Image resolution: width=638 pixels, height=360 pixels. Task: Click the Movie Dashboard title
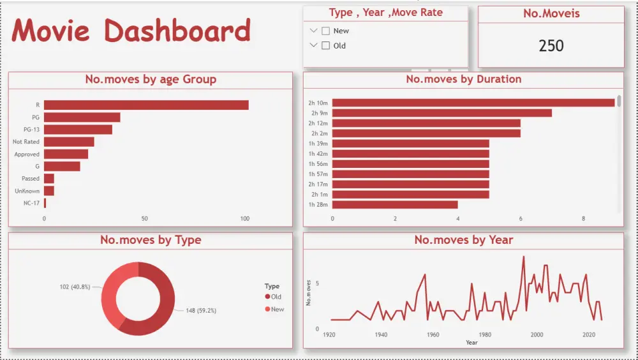(x=131, y=31)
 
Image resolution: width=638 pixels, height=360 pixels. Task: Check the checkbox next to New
(x=326, y=31)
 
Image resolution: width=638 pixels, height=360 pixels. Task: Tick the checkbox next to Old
(x=326, y=45)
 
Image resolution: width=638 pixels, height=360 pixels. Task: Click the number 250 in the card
(x=551, y=46)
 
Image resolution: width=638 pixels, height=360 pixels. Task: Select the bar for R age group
(x=146, y=105)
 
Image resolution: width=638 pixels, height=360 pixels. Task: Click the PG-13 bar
(x=78, y=130)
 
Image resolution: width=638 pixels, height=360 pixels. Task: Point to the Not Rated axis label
(x=26, y=142)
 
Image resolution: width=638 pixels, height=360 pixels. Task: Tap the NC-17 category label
(x=31, y=203)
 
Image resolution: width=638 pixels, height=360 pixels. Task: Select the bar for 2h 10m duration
(x=473, y=103)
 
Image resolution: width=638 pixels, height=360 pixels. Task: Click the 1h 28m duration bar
(x=395, y=205)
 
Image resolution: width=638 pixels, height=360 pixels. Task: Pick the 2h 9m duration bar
(x=441, y=113)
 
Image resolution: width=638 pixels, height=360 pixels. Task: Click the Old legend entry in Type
(x=273, y=297)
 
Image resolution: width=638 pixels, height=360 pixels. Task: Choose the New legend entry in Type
(x=274, y=310)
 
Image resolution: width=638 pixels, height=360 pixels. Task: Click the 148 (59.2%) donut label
(x=201, y=311)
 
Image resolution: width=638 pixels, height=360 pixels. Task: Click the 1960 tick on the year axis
(x=433, y=334)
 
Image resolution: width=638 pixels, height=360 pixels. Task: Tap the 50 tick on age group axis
(x=145, y=219)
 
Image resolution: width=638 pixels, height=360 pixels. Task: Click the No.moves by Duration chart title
(x=463, y=80)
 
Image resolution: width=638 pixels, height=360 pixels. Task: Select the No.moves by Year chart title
(x=463, y=240)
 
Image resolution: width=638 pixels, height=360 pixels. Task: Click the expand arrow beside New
(x=313, y=31)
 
